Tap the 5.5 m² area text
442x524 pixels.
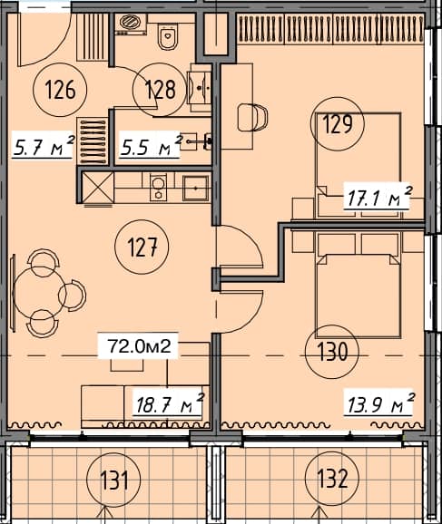(151, 144)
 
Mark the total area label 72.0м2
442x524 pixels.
(141, 345)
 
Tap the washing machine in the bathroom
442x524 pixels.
(130, 27)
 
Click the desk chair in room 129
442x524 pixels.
(254, 117)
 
